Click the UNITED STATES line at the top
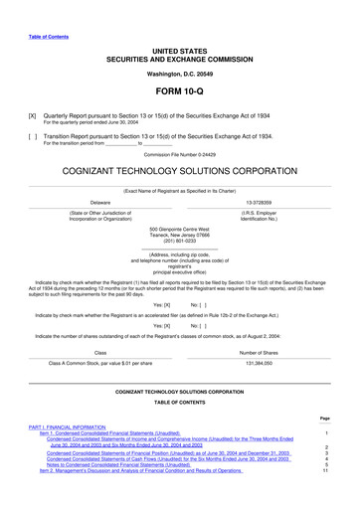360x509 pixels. point(179,49)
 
